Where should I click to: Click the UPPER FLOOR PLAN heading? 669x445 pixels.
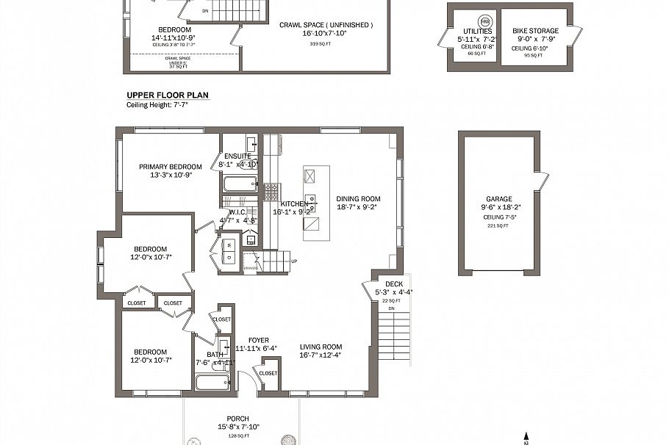coord(168,95)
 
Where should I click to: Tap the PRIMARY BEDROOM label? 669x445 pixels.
coord(171,167)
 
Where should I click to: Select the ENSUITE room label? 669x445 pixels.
coord(238,156)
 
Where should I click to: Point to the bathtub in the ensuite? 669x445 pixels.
coord(240,184)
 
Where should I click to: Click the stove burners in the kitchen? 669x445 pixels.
coord(272,191)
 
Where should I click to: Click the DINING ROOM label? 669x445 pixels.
coord(359,199)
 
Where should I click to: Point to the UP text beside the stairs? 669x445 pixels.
coord(294,261)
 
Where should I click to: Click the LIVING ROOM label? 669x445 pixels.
coord(321,347)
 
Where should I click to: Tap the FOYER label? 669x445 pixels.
coord(258,340)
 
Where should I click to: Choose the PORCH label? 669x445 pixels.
coord(238,419)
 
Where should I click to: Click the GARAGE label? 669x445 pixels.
coord(498,199)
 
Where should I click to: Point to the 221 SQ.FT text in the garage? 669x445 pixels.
coord(498,226)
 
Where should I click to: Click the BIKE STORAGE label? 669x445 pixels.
coord(535,31)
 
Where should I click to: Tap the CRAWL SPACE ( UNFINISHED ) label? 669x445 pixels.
coord(326,25)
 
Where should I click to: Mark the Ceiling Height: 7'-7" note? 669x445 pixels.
coord(157,105)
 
